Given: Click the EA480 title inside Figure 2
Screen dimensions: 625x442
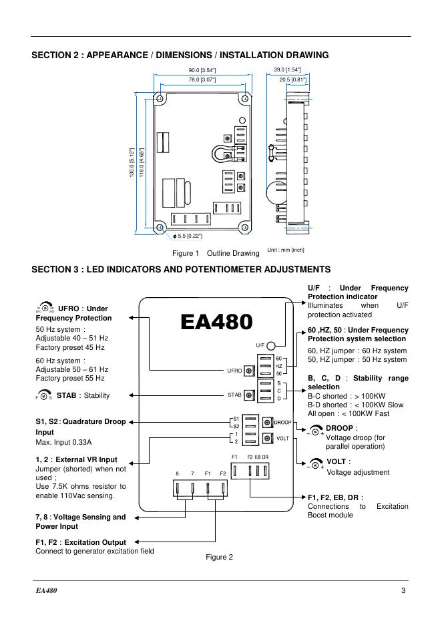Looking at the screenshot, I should pos(216,322).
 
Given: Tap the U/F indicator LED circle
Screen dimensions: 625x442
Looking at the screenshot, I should pos(272,346).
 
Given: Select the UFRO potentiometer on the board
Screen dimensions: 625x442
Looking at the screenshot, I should pos(250,370).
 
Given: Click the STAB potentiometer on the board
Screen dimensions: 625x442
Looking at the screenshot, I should pos(250,395).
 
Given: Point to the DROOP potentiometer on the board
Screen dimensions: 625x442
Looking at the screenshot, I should pos(267,422).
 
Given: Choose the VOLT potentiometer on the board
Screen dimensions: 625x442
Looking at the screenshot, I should pos(267,438).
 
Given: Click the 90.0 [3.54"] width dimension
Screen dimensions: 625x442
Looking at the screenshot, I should pos(202,70).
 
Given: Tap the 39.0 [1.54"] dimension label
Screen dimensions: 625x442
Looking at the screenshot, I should pos(287,69).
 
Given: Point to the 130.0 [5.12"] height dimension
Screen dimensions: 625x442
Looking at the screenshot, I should pos(132,163).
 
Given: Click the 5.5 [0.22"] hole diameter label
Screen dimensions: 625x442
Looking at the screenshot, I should pos(188,236).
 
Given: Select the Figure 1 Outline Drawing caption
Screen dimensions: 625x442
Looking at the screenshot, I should pos(215,254).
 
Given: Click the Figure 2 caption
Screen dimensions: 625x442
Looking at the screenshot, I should pos(219,557).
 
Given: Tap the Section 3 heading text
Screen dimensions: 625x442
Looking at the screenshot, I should pos(181,269).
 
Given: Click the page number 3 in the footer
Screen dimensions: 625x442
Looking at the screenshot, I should pos(403,590).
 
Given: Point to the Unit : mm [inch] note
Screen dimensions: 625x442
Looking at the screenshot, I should pos(286,250).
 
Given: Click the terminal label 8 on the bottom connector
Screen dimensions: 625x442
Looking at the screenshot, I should pos(177,473).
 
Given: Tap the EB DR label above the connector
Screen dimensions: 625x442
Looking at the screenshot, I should pos(261,456).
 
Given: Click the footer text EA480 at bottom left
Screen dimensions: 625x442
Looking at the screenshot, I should pos(47,590).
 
